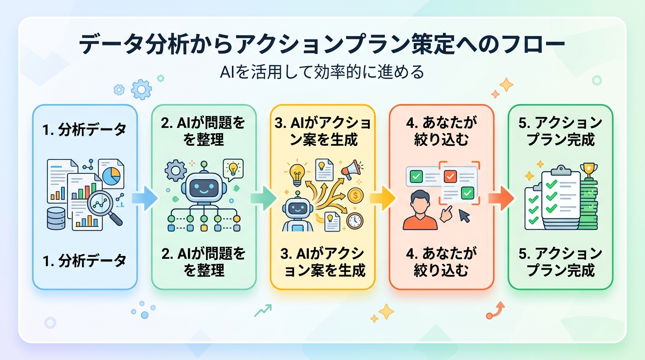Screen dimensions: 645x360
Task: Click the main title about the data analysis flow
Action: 322,45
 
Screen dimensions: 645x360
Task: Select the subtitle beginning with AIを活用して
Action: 322,72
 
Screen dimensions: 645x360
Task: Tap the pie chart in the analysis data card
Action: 112,176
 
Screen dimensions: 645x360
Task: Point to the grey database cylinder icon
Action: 56,218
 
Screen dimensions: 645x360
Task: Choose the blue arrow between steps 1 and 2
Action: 145,198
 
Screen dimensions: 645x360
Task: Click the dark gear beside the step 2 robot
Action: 176,171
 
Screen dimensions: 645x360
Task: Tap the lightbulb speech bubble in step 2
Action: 233,170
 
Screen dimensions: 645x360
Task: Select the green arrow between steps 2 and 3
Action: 263,198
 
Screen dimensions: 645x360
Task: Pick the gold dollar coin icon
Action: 355,195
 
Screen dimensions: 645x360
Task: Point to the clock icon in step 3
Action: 355,221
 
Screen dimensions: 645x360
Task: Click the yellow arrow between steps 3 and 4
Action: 382,198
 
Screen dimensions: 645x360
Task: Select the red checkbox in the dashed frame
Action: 450,177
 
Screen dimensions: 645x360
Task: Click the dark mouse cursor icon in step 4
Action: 464,216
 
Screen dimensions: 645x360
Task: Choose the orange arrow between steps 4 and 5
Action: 501,198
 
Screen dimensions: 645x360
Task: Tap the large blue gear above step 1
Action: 142,90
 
